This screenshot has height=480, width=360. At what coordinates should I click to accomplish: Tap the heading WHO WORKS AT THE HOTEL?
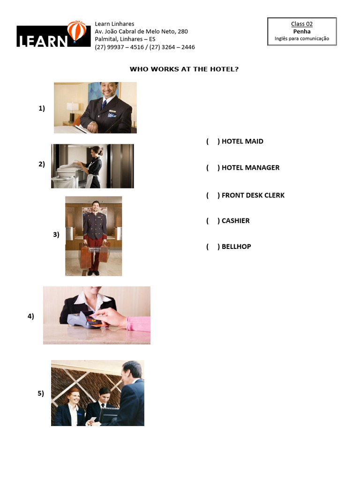[x=184, y=69]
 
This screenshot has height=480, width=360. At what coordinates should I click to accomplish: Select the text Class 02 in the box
[x=302, y=24]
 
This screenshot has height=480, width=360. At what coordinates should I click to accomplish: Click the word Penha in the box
[x=302, y=31]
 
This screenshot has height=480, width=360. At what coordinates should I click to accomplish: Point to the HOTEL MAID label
[x=242, y=141]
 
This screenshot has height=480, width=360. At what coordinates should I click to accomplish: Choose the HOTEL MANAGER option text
[x=250, y=167]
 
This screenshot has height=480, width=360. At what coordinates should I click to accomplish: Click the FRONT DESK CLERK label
[x=253, y=195]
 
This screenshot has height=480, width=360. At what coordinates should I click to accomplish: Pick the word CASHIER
[x=236, y=221]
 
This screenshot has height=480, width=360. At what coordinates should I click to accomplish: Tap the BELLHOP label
[x=236, y=247]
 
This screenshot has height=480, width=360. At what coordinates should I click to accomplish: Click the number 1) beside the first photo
[x=42, y=108]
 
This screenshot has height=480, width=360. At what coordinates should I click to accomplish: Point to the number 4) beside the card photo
[x=31, y=316]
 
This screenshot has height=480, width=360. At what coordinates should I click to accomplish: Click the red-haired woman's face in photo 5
[x=74, y=397]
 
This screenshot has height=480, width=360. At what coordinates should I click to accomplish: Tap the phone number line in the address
[x=145, y=47]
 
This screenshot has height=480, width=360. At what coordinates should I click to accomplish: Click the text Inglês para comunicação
[x=302, y=38]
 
